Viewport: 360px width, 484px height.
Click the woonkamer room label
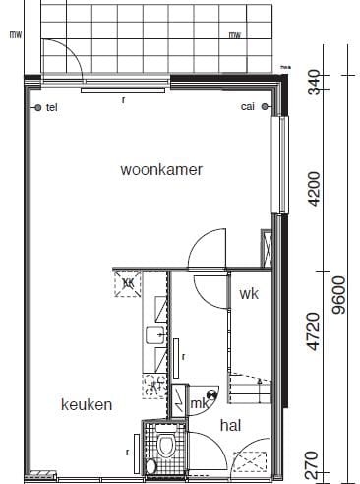point(161,169)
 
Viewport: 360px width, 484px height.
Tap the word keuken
point(86,404)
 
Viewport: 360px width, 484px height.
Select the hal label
point(230,425)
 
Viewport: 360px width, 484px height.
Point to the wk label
point(247,293)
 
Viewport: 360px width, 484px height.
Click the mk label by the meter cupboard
point(200,402)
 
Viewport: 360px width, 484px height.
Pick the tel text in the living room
point(52,107)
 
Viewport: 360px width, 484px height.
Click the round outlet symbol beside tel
point(37,107)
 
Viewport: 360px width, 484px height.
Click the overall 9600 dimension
point(340,293)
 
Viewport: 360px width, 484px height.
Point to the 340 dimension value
point(315,83)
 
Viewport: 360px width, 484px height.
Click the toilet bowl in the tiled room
point(166,447)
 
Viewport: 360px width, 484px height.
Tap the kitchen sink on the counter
point(155,336)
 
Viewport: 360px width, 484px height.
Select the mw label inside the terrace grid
point(234,37)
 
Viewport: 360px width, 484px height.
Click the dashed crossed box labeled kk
point(128,283)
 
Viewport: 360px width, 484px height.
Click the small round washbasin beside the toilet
point(150,464)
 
